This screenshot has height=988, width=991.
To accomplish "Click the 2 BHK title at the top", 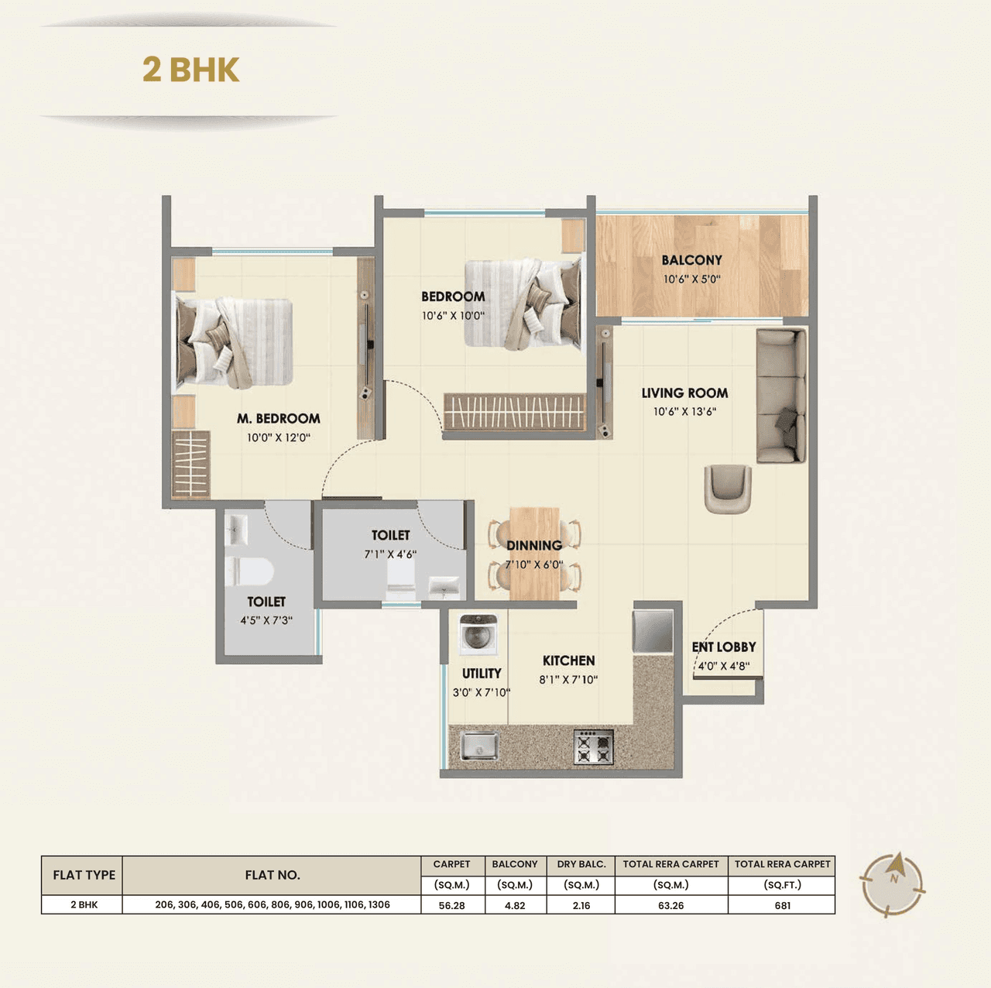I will (x=190, y=70).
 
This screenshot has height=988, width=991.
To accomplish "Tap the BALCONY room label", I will (x=691, y=260).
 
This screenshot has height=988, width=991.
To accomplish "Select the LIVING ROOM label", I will (x=684, y=393).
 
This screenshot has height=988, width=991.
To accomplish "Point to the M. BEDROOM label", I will (x=279, y=419).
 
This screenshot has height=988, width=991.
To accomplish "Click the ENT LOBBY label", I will (x=724, y=647).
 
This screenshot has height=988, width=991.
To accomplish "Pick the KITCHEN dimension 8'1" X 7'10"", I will (x=568, y=680).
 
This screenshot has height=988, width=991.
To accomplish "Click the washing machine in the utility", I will (x=478, y=636).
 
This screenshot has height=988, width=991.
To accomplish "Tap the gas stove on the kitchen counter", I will (x=593, y=747).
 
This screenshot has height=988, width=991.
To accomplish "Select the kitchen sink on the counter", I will (x=480, y=746).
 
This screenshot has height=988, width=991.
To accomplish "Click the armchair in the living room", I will (x=727, y=488).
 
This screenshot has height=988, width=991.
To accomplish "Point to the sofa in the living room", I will (x=780, y=396).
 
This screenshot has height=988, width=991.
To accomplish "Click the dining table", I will (x=534, y=554).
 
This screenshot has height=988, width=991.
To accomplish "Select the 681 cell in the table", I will (x=782, y=905).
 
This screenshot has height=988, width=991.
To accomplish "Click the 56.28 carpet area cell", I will (x=451, y=905).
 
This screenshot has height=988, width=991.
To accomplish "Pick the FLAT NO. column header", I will (x=272, y=875).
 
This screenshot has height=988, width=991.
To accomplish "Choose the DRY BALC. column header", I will (x=581, y=864).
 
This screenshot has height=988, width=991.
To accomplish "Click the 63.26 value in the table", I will (x=670, y=905).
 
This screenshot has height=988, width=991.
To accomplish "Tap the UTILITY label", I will (x=482, y=674).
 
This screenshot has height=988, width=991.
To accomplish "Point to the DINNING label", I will (x=534, y=546).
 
